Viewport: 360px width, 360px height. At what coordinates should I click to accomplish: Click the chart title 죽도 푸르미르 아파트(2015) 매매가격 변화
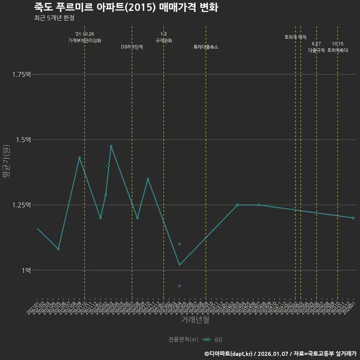click(126, 7)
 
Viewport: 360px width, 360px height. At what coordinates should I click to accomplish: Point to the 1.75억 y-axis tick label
click(21, 75)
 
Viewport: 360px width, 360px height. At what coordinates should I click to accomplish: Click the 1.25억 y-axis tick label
click(21, 205)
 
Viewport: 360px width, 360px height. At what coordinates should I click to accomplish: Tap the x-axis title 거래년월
click(195, 320)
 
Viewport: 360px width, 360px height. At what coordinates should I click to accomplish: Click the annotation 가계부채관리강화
click(85, 40)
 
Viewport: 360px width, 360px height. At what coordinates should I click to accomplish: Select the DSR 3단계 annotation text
click(132, 47)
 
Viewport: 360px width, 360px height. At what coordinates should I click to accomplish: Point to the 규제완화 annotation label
click(164, 40)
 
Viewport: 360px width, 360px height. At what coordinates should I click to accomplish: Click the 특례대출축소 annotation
click(206, 47)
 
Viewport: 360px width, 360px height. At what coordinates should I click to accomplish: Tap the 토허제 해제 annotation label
click(295, 37)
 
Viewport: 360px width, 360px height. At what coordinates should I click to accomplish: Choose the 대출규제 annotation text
click(316, 50)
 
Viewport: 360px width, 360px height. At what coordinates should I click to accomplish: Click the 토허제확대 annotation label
click(337, 50)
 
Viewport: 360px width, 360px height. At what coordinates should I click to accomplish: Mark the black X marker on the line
click(106, 166)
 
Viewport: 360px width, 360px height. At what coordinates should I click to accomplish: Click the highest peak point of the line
click(111, 146)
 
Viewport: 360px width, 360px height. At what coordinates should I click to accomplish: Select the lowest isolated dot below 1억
click(180, 286)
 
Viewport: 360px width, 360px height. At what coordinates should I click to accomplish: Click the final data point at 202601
click(353, 218)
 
